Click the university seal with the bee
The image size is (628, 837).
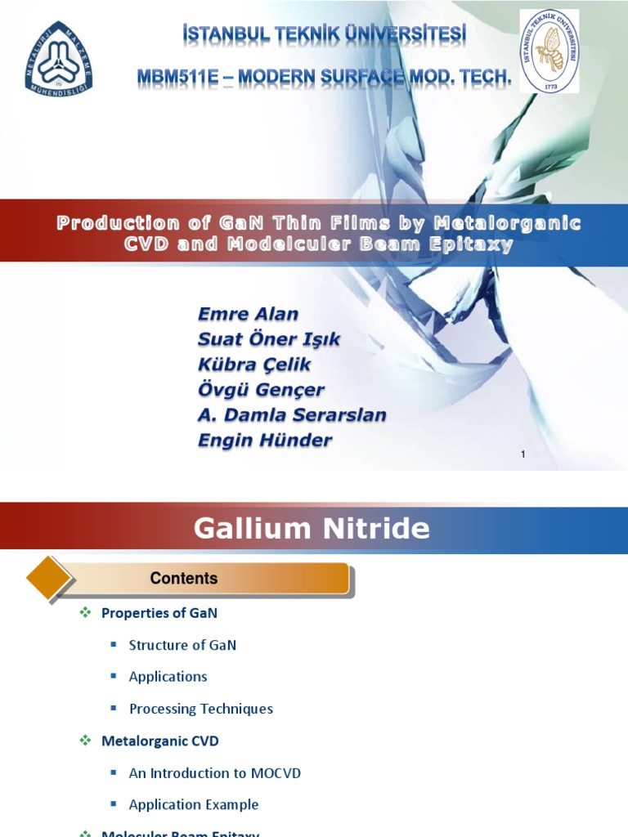549,50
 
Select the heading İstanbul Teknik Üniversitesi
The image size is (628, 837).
325,35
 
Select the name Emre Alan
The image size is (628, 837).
248,314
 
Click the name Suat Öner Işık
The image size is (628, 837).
269,339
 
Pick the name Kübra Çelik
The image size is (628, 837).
254,365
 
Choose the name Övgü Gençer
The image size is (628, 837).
261,390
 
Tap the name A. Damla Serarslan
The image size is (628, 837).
292,415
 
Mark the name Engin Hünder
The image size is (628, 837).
265,441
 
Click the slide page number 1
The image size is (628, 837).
523,454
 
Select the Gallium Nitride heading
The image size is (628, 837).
312,529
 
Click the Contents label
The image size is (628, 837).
184,579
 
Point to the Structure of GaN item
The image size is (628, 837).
182,645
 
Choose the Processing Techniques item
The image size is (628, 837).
201,709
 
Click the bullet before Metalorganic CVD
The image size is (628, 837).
85,741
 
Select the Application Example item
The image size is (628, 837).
194,804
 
